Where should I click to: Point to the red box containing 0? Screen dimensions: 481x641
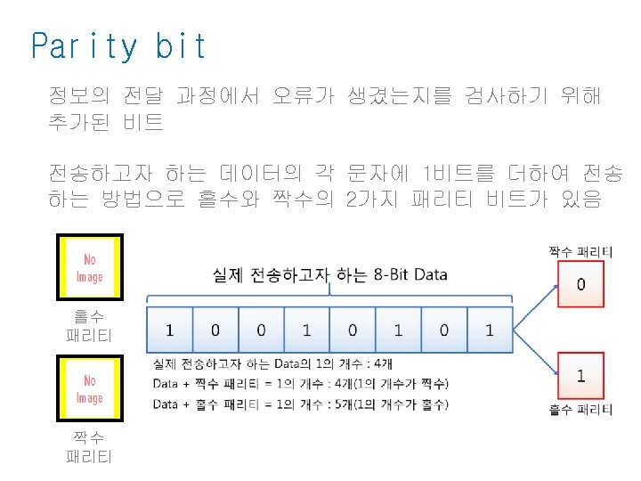[x=580, y=285]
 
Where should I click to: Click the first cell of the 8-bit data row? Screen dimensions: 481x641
[x=169, y=330]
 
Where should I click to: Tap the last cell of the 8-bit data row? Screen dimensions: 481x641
[x=489, y=330]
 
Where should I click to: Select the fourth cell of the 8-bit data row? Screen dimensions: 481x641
[x=306, y=330]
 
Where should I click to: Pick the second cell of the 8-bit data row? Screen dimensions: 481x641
[x=215, y=330]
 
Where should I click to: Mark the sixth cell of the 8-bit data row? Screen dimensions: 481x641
[x=398, y=330]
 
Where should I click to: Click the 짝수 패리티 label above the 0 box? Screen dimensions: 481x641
[x=580, y=252]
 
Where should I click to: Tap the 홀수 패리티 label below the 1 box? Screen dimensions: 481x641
[x=580, y=410]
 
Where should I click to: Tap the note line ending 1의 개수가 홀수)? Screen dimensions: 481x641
[x=302, y=404]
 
